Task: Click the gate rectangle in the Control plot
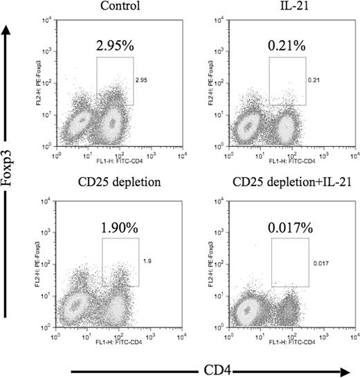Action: pos(114,80)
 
